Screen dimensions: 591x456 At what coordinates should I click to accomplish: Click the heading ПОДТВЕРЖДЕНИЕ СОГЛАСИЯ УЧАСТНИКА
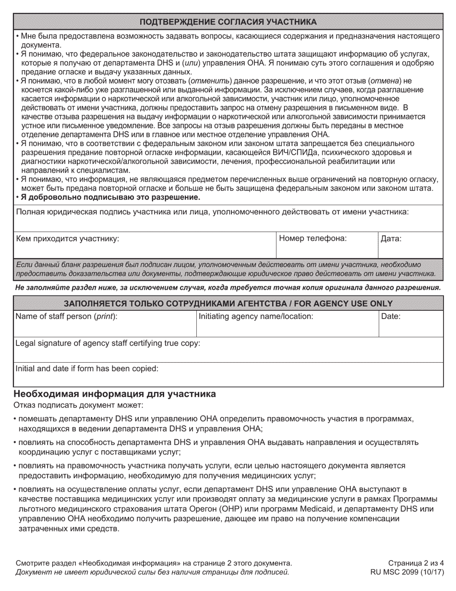tap(228, 22)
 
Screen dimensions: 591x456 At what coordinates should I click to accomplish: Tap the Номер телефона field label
tap(312, 238)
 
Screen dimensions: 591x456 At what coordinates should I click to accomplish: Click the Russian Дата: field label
tap(391, 238)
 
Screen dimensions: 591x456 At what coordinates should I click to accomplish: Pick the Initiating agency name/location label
tap(256, 316)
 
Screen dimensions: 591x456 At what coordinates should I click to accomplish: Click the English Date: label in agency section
tap(390, 316)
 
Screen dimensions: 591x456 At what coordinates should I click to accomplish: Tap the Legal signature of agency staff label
tap(108, 343)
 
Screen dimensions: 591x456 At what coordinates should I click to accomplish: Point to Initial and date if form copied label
tap(87, 369)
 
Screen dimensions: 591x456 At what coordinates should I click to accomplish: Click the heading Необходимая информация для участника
tap(115, 394)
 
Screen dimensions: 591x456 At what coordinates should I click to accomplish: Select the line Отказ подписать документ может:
tap(75, 405)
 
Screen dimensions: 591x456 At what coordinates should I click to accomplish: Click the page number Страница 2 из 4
tap(416, 563)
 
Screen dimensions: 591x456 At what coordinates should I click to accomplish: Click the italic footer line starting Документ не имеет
tap(152, 572)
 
